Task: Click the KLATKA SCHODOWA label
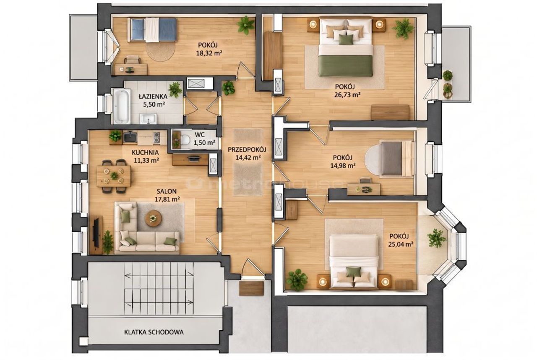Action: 154,332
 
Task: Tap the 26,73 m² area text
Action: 347,95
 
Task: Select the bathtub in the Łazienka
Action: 122,106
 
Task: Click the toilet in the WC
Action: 185,140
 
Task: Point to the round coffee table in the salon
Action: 153,218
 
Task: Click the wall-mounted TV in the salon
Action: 96,232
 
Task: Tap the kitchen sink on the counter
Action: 130,137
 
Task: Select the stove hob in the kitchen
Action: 156,138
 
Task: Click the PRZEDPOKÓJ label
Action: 247,150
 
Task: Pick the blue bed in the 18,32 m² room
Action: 154,30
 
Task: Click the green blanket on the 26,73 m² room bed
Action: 346,66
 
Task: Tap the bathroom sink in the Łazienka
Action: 148,119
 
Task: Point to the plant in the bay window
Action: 437,238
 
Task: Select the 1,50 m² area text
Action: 204,143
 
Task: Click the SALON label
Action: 167,191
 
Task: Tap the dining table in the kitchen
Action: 114,176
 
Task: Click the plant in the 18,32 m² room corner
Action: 246,25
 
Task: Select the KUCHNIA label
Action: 145,152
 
